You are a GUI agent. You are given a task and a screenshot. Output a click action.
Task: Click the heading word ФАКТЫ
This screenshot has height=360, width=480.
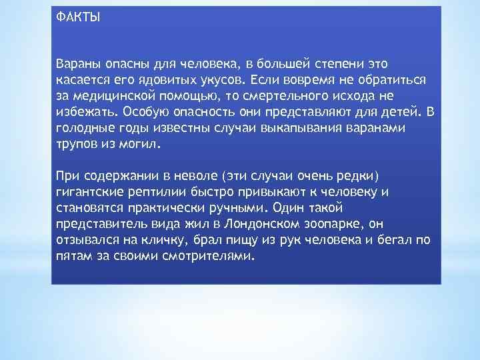pyautogui.click(x=77, y=17)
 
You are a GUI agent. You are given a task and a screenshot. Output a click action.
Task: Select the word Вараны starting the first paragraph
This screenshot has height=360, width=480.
pyautogui.click(x=78, y=63)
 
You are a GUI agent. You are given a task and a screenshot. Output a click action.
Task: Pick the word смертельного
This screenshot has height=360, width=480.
pyautogui.click(x=269, y=95)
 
